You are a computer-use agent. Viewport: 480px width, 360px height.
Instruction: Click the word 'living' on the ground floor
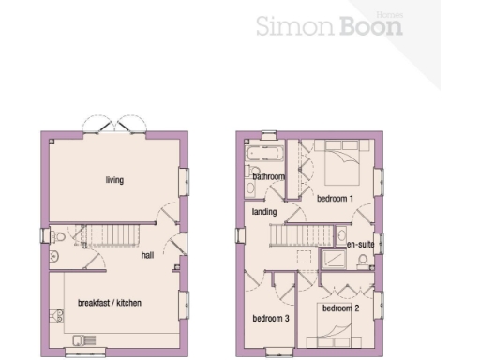coord(114,180)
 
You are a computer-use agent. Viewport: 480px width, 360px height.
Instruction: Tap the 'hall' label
coord(147,254)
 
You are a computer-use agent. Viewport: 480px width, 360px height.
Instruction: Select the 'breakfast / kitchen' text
coord(109,302)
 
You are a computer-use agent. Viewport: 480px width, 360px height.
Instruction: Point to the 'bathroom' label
coord(268,175)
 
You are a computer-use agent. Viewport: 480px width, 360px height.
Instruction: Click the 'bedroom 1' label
coord(335,199)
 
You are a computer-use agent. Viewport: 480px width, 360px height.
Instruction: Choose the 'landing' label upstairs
coord(264,212)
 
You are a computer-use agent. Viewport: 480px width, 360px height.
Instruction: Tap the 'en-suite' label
coord(360,245)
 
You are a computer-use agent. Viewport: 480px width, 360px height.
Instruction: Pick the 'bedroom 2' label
coord(339,307)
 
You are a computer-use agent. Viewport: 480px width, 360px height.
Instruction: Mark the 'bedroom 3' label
coord(270,319)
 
